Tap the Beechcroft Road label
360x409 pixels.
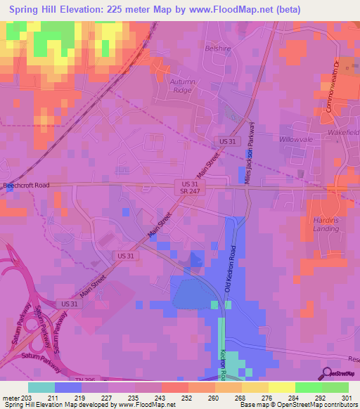pyautogui.click(x=27, y=186)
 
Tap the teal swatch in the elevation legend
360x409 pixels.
pyautogui.click(x=41, y=387)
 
